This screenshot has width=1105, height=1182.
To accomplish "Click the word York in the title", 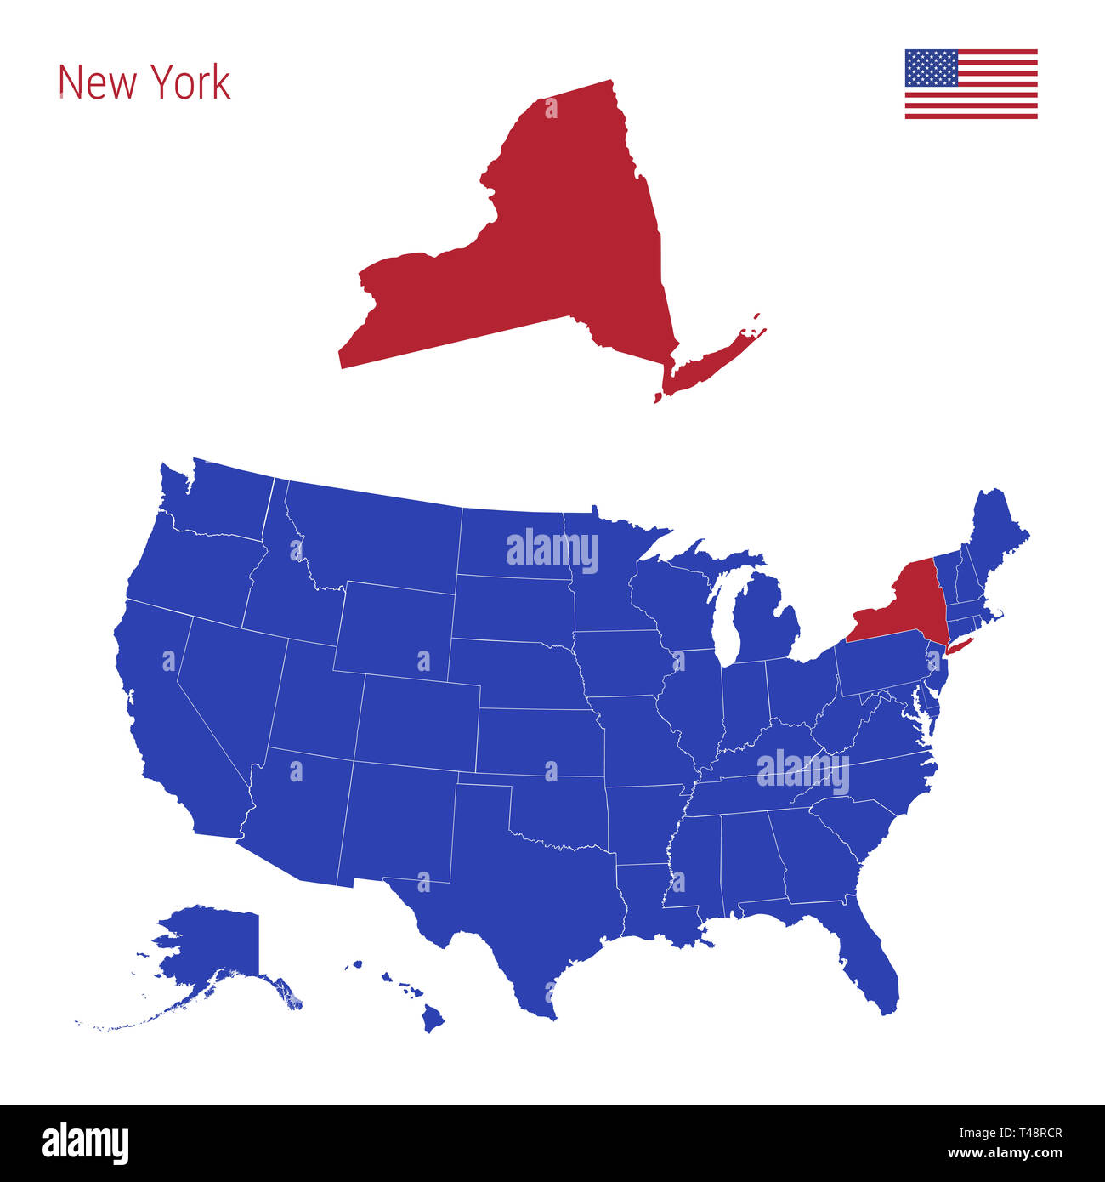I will tap(191, 82).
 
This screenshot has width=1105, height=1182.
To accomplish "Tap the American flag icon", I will tap(971, 84).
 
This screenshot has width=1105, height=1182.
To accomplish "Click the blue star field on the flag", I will tap(931, 68).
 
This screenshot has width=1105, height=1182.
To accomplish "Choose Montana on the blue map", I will tap(374, 536).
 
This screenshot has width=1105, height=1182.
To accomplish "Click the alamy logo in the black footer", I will tap(85, 1142).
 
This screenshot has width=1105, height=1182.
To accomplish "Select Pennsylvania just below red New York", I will tap(880, 668).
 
